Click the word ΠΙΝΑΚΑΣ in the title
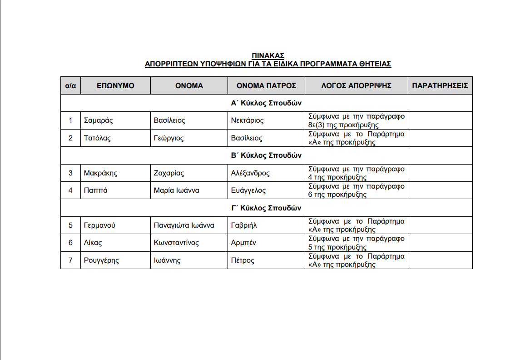coord(268,56)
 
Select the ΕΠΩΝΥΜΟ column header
coord(115,85)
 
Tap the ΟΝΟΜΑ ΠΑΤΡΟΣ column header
coord(266,85)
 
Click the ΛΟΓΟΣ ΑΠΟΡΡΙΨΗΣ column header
coord(356,85)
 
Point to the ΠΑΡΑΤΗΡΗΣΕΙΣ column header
coord(440,85)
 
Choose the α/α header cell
coord(70,85)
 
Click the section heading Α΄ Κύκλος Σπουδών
coord(266,103)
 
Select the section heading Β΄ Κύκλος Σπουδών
coord(266,155)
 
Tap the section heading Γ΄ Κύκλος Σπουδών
coord(266,208)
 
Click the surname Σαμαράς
coord(98,120)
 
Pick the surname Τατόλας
coord(97,138)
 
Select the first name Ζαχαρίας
coord(169,173)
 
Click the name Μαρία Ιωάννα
coord(176,190)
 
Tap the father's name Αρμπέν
coord(243,243)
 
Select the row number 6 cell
coord(70,243)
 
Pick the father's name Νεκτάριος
coord(247,120)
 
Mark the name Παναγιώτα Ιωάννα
coord(184,225)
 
